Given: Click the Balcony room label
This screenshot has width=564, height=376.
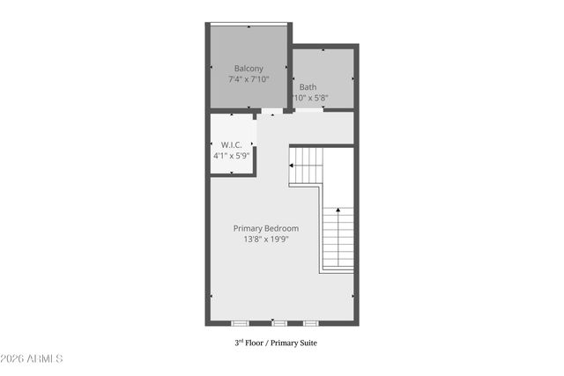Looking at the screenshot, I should (248, 68).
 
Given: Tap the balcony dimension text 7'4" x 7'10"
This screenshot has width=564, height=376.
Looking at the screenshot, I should (248, 79).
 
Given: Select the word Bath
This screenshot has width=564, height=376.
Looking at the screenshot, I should (308, 87).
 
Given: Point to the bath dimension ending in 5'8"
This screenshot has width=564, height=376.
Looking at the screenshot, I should (309, 98).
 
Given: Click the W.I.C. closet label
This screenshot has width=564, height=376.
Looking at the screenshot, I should (232, 144).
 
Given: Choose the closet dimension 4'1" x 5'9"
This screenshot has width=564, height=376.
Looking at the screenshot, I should (232, 155).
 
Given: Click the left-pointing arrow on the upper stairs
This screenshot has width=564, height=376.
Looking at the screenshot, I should (293, 165).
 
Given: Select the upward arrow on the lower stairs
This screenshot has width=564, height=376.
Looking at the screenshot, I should (338, 211).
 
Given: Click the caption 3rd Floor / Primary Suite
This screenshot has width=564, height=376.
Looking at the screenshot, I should (275, 343).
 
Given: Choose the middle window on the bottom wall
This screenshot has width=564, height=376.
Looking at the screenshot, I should (278, 323).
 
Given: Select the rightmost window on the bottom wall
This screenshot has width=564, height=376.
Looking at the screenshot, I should (309, 323).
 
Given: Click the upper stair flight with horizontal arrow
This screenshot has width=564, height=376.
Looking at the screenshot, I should (308, 166).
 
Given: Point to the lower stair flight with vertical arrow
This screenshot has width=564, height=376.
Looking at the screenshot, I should (338, 239).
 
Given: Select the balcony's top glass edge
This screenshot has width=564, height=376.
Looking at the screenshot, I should (248, 25).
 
